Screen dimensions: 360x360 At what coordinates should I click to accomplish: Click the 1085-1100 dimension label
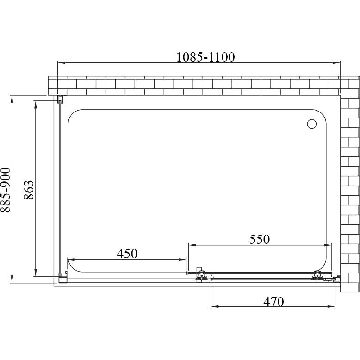(205, 57)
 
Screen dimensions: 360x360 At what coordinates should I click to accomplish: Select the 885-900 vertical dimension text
(6, 190)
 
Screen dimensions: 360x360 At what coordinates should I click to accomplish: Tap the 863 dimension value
(29, 190)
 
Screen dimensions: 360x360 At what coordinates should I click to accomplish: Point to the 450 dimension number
(127, 254)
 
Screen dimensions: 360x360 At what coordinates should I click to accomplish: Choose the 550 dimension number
(260, 239)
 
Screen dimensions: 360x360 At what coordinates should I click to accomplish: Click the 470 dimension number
(273, 302)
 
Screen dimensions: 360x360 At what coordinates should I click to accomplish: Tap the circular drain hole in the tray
(311, 124)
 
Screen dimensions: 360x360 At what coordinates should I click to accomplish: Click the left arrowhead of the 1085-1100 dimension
(61, 62)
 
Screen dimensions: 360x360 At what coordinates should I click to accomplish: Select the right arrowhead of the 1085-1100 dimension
(336, 62)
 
